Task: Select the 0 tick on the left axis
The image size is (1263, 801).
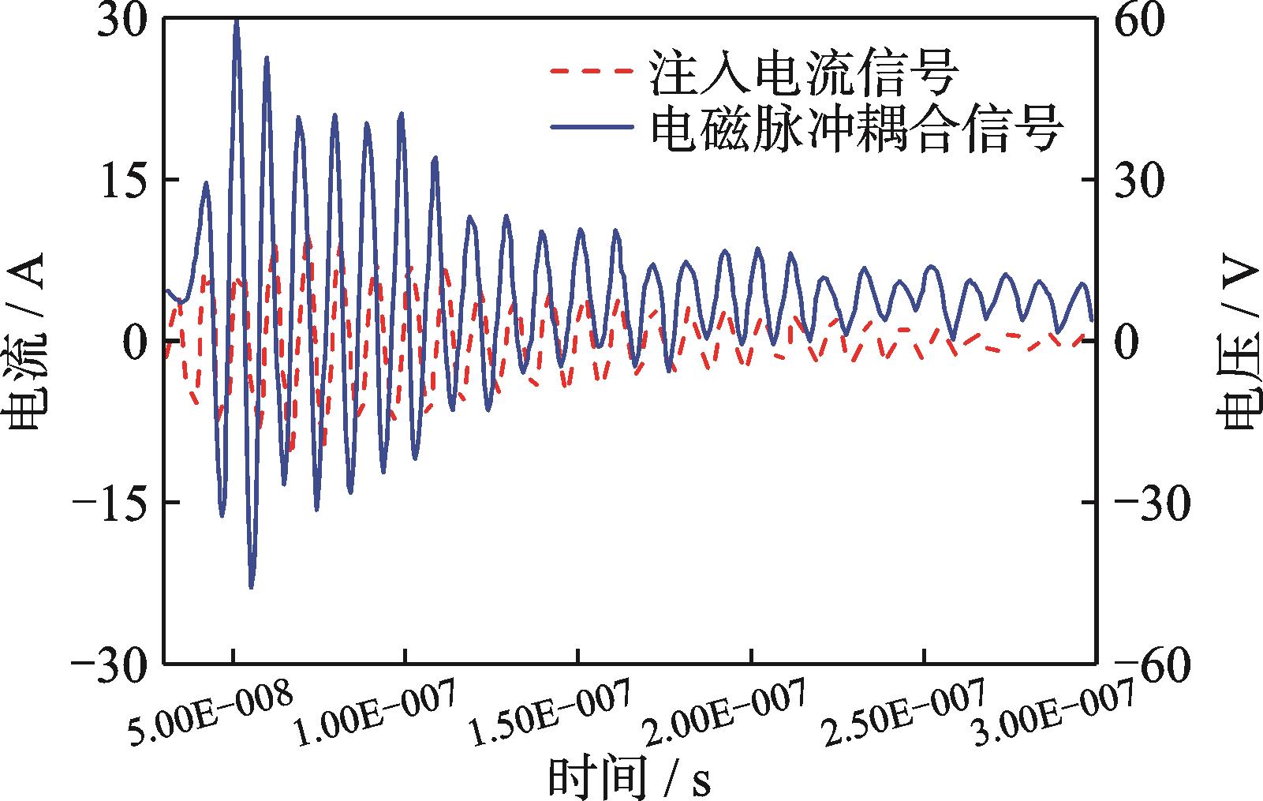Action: click(x=136, y=341)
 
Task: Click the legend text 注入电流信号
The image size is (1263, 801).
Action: click(x=804, y=72)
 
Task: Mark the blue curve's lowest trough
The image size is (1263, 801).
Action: click(x=251, y=587)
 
